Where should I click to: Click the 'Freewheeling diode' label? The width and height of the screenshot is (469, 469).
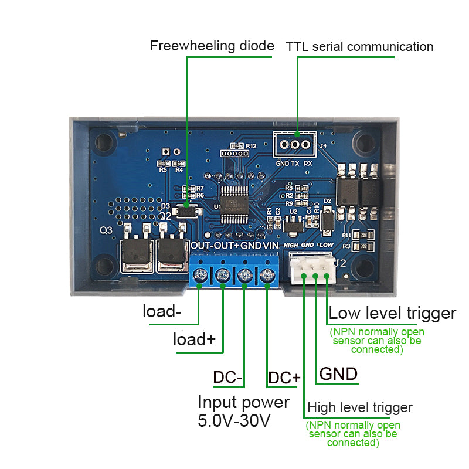(212, 46)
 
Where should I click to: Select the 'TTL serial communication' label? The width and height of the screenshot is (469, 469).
(359, 47)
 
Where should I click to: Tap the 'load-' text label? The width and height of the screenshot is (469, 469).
(162, 311)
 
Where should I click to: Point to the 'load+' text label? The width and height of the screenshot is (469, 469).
(195, 339)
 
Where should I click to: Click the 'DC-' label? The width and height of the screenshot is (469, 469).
(227, 378)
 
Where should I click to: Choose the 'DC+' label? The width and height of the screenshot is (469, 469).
(284, 378)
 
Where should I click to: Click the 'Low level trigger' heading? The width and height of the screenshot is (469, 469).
(392, 313)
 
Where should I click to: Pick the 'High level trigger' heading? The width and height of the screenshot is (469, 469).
(360, 407)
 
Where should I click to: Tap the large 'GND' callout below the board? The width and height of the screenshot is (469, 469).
(338, 374)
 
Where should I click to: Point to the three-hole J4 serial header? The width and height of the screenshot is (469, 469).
(296, 144)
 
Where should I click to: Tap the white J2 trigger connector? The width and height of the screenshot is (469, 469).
(311, 269)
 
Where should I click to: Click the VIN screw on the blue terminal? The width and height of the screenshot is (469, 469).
(268, 274)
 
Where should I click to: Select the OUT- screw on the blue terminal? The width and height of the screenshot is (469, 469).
(200, 274)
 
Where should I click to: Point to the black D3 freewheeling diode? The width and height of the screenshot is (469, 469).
(186, 208)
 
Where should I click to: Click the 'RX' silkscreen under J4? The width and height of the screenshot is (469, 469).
(308, 164)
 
